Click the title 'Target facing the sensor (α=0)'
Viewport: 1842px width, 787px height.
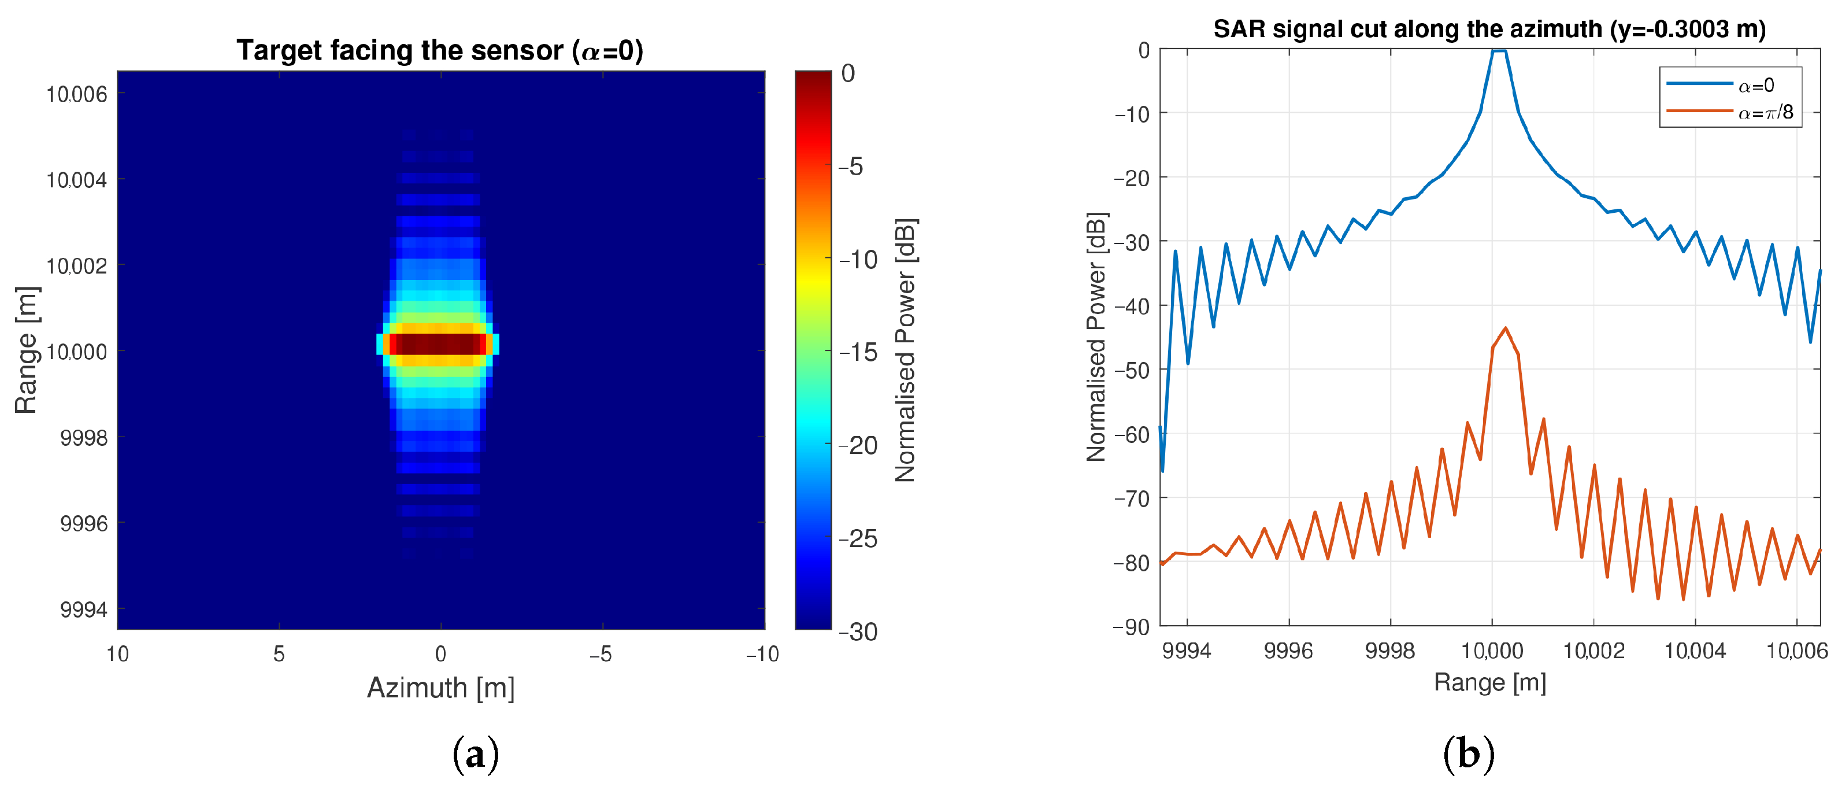coord(440,51)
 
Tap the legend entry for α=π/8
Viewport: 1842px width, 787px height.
coord(1765,112)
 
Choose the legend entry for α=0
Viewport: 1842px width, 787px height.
coord(1755,86)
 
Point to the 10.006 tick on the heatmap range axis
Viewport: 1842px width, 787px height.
coord(76,94)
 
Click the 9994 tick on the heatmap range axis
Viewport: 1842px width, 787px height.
coord(84,609)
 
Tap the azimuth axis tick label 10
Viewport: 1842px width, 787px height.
coord(117,653)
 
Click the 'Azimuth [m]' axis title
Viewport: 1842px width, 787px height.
coord(440,688)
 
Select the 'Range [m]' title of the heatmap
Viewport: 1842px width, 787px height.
coord(26,350)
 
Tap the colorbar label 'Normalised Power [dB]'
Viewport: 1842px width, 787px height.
coord(905,350)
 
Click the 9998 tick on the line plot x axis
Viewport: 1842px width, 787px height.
coord(1389,651)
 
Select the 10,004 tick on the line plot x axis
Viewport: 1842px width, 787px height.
coord(1695,651)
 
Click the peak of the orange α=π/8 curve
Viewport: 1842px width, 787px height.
coord(1505,328)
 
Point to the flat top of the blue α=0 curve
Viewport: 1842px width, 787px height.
coord(1499,51)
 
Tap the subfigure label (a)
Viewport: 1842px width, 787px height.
coord(476,754)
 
